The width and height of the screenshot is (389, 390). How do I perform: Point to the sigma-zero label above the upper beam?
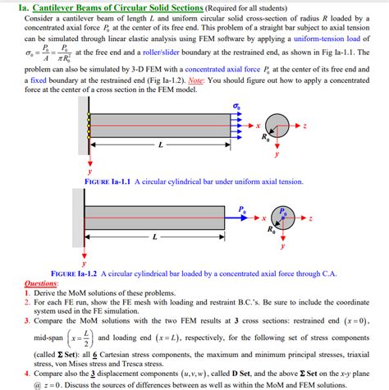pos(236,106)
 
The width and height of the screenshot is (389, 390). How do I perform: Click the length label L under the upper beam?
pos(161,145)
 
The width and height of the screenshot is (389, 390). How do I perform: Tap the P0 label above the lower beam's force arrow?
pos(243,210)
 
